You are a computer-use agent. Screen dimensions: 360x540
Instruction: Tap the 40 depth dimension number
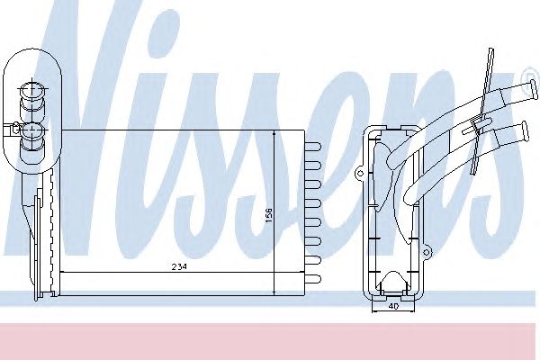click(x=392, y=305)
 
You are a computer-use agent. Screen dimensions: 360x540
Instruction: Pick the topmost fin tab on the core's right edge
click(x=313, y=144)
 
